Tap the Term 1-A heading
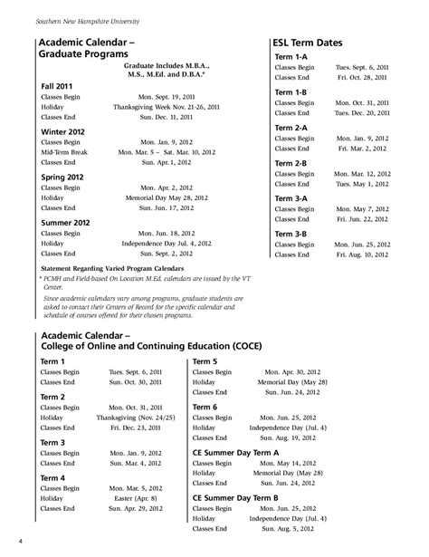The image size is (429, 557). [291, 57]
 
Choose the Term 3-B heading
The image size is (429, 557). [291, 233]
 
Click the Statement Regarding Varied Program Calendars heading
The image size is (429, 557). [119, 270]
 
